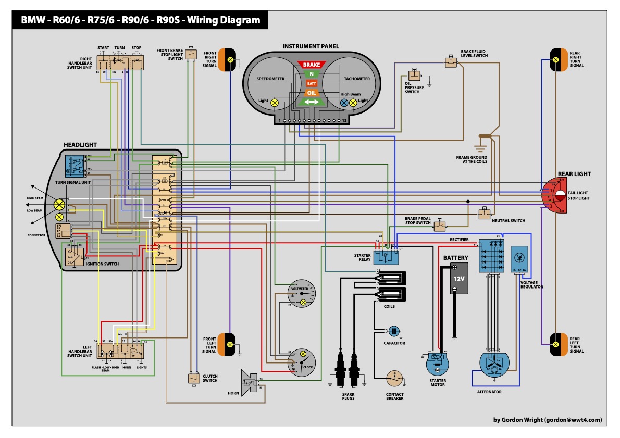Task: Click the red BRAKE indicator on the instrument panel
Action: tap(311, 65)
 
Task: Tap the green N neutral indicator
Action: tap(311, 74)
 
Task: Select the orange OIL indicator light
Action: tap(311, 93)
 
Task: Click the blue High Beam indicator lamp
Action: tap(344, 103)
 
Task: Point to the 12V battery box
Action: tap(455, 278)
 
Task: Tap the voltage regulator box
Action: tap(519, 258)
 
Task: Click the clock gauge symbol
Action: tap(302, 361)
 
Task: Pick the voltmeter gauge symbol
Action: tap(302, 295)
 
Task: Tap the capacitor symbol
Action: tap(394, 331)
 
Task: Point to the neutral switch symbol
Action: tap(485, 213)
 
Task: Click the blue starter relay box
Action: tap(388, 256)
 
